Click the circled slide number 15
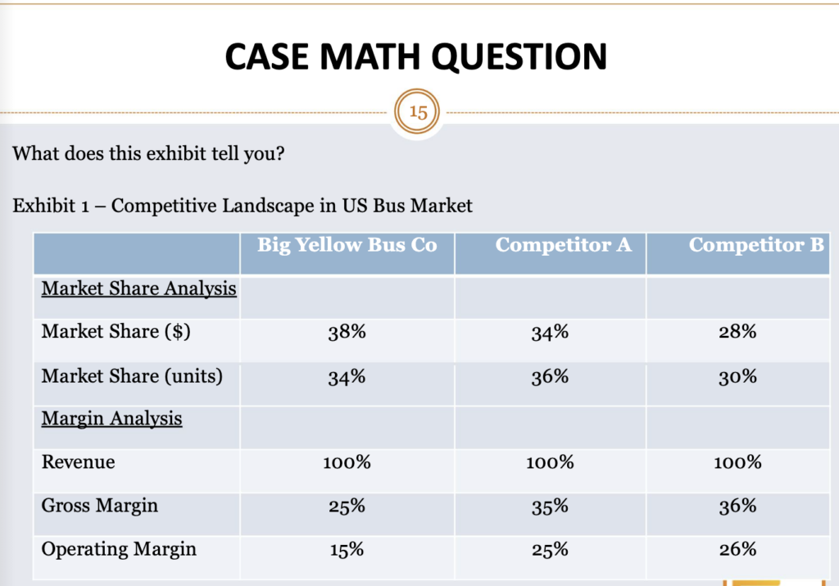(x=418, y=112)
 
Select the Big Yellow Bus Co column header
(x=347, y=245)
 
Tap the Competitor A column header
(x=564, y=245)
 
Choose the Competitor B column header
(x=756, y=245)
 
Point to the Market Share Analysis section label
(x=139, y=288)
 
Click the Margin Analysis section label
(x=112, y=419)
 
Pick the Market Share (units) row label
(x=132, y=376)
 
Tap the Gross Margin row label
(x=99, y=506)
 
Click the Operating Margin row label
(x=119, y=549)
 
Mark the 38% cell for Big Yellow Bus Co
(x=347, y=333)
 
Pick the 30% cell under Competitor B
(x=737, y=377)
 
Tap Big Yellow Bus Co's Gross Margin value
(x=347, y=507)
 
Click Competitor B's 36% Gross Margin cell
(x=737, y=507)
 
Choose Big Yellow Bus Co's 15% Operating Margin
(x=347, y=550)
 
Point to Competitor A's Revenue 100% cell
(x=549, y=463)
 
